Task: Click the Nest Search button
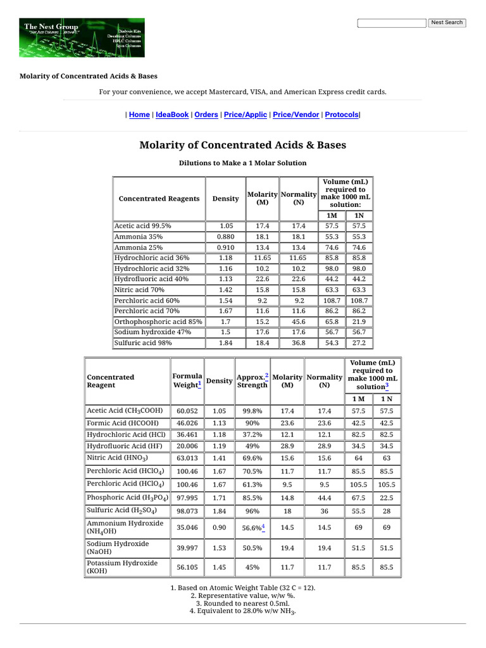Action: coord(447,23)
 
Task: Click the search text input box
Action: coord(392,23)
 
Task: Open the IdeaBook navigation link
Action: coord(172,115)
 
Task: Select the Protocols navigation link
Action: coord(342,115)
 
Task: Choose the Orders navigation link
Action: coord(206,115)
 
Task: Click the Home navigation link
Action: coord(139,115)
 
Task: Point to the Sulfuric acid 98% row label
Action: coord(143,343)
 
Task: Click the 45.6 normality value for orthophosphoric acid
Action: coord(299,321)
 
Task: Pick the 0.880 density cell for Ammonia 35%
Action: coord(226,236)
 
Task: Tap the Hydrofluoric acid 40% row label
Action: coord(151,279)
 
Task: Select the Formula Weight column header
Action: coord(187,381)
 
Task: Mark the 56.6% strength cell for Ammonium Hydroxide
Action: coord(252,527)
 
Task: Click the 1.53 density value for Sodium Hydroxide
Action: coord(219,547)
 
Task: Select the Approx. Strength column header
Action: coord(252,381)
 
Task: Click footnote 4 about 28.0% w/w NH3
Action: coord(243,611)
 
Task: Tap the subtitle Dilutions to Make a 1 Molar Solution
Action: coord(242,163)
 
